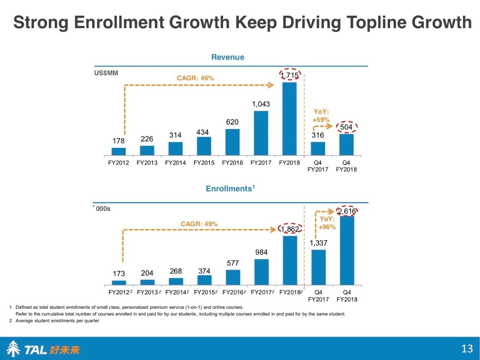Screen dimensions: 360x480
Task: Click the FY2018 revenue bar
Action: [x=289, y=118]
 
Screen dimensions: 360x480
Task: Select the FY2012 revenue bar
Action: [x=118, y=151]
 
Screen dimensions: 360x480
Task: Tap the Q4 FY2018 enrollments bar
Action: [x=347, y=250]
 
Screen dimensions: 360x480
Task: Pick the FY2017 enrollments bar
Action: [x=261, y=272]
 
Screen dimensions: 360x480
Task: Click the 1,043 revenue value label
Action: [x=261, y=104]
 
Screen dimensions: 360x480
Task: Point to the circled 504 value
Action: [x=346, y=127]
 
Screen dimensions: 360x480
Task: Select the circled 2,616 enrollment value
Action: [x=347, y=211]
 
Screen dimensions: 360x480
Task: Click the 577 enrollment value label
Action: [x=232, y=263]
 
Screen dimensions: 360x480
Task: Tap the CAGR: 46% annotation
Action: [x=195, y=78]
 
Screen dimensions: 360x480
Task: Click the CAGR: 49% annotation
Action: [x=199, y=224]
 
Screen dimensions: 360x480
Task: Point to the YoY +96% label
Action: [x=327, y=223]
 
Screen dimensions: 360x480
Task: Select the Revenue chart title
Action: [x=228, y=57]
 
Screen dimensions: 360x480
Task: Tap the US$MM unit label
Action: [x=106, y=73]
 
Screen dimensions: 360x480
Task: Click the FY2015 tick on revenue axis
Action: [x=204, y=163]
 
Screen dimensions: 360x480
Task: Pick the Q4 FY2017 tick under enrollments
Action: [x=318, y=295]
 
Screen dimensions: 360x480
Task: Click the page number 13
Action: [x=467, y=349]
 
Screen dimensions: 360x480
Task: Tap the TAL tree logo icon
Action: [x=13, y=349]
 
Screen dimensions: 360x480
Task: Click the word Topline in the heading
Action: [x=377, y=22]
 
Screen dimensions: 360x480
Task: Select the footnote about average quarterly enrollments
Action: [x=57, y=321]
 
